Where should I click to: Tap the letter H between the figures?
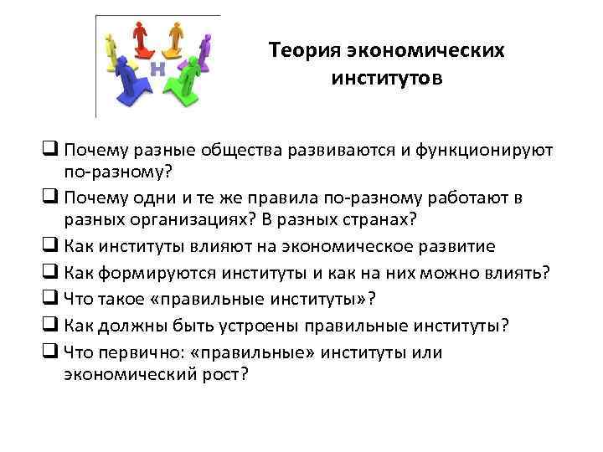tap(157, 69)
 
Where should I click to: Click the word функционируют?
tap(475, 152)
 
